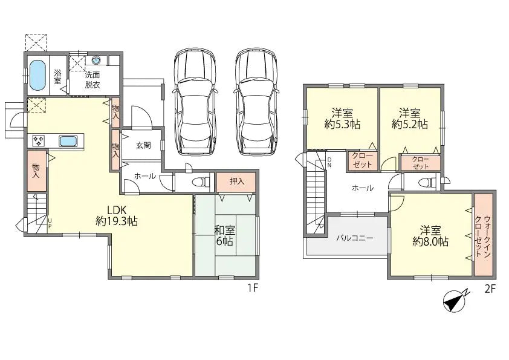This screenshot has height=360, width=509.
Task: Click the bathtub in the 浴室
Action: (x=38, y=75)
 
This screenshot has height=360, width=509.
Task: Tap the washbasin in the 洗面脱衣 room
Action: (x=97, y=61)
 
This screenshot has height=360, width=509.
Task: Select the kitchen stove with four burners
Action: (x=38, y=141)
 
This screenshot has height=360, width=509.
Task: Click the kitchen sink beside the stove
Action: (x=68, y=141)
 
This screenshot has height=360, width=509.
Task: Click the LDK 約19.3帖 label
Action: (x=117, y=215)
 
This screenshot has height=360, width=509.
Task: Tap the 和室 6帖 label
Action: (x=225, y=235)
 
